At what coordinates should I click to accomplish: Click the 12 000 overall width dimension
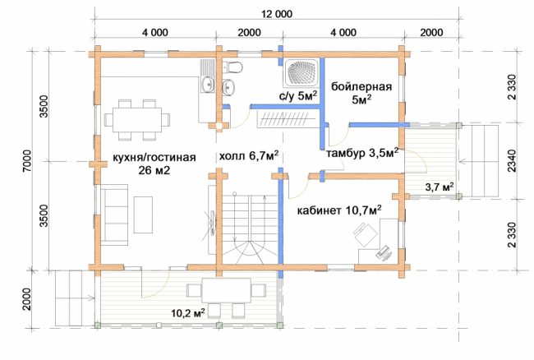pyautogui.click(x=277, y=14)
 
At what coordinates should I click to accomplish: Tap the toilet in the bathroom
pyautogui.click(x=233, y=67)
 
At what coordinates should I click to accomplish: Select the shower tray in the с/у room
pyautogui.click(x=302, y=72)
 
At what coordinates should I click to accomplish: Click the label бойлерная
pyautogui.click(x=361, y=86)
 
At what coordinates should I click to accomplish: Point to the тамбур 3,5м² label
pyautogui.click(x=362, y=153)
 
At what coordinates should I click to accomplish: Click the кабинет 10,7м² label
pyautogui.click(x=339, y=210)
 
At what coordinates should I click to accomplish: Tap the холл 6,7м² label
pyautogui.click(x=249, y=156)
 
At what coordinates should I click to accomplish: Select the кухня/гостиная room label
pyautogui.click(x=154, y=157)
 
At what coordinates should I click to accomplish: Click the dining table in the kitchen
pyautogui.click(x=137, y=120)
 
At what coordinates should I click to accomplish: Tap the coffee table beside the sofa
pyautogui.click(x=143, y=215)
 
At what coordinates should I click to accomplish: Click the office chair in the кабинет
pyautogui.click(x=365, y=234)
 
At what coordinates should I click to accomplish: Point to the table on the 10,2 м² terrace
pyautogui.click(x=227, y=290)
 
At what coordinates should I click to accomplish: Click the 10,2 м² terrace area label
pyautogui.click(x=187, y=312)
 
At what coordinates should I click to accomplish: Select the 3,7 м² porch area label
pyautogui.click(x=440, y=187)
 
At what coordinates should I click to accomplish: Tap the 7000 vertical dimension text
pyautogui.click(x=27, y=161)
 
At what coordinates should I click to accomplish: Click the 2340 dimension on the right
pyautogui.click(x=512, y=160)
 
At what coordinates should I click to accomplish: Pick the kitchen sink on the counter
pyautogui.click(x=207, y=84)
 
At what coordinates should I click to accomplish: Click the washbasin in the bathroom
pyautogui.click(x=228, y=87)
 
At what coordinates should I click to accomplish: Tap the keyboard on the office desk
pyautogui.click(x=384, y=252)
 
